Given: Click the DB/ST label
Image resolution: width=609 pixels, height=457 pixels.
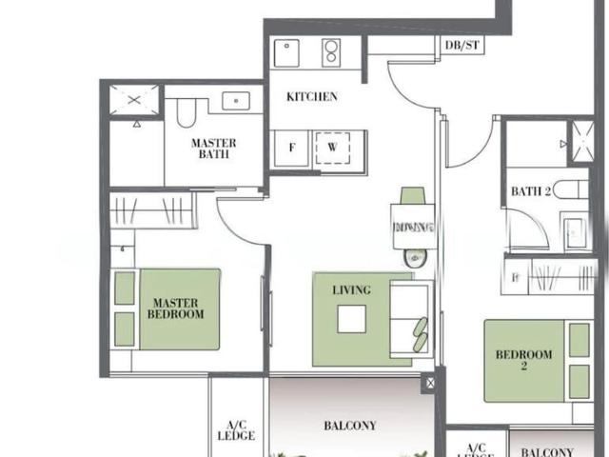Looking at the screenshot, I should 462,45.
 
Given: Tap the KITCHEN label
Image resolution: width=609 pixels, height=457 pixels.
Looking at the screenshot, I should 312,97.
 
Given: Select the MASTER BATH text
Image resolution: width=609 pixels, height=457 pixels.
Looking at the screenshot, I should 214,148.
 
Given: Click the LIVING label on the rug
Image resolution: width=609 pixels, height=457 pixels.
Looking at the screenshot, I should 351,289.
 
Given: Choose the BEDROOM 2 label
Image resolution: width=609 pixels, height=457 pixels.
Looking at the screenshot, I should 523,361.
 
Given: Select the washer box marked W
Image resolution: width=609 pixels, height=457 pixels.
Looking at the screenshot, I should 333,149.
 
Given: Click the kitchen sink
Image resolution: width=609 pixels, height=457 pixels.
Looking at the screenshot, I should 286,52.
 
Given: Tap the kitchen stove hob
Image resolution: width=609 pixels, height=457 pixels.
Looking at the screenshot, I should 333,51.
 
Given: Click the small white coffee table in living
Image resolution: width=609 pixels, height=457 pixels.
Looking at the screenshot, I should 351,320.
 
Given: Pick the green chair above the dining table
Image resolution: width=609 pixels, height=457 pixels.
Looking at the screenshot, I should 412,195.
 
